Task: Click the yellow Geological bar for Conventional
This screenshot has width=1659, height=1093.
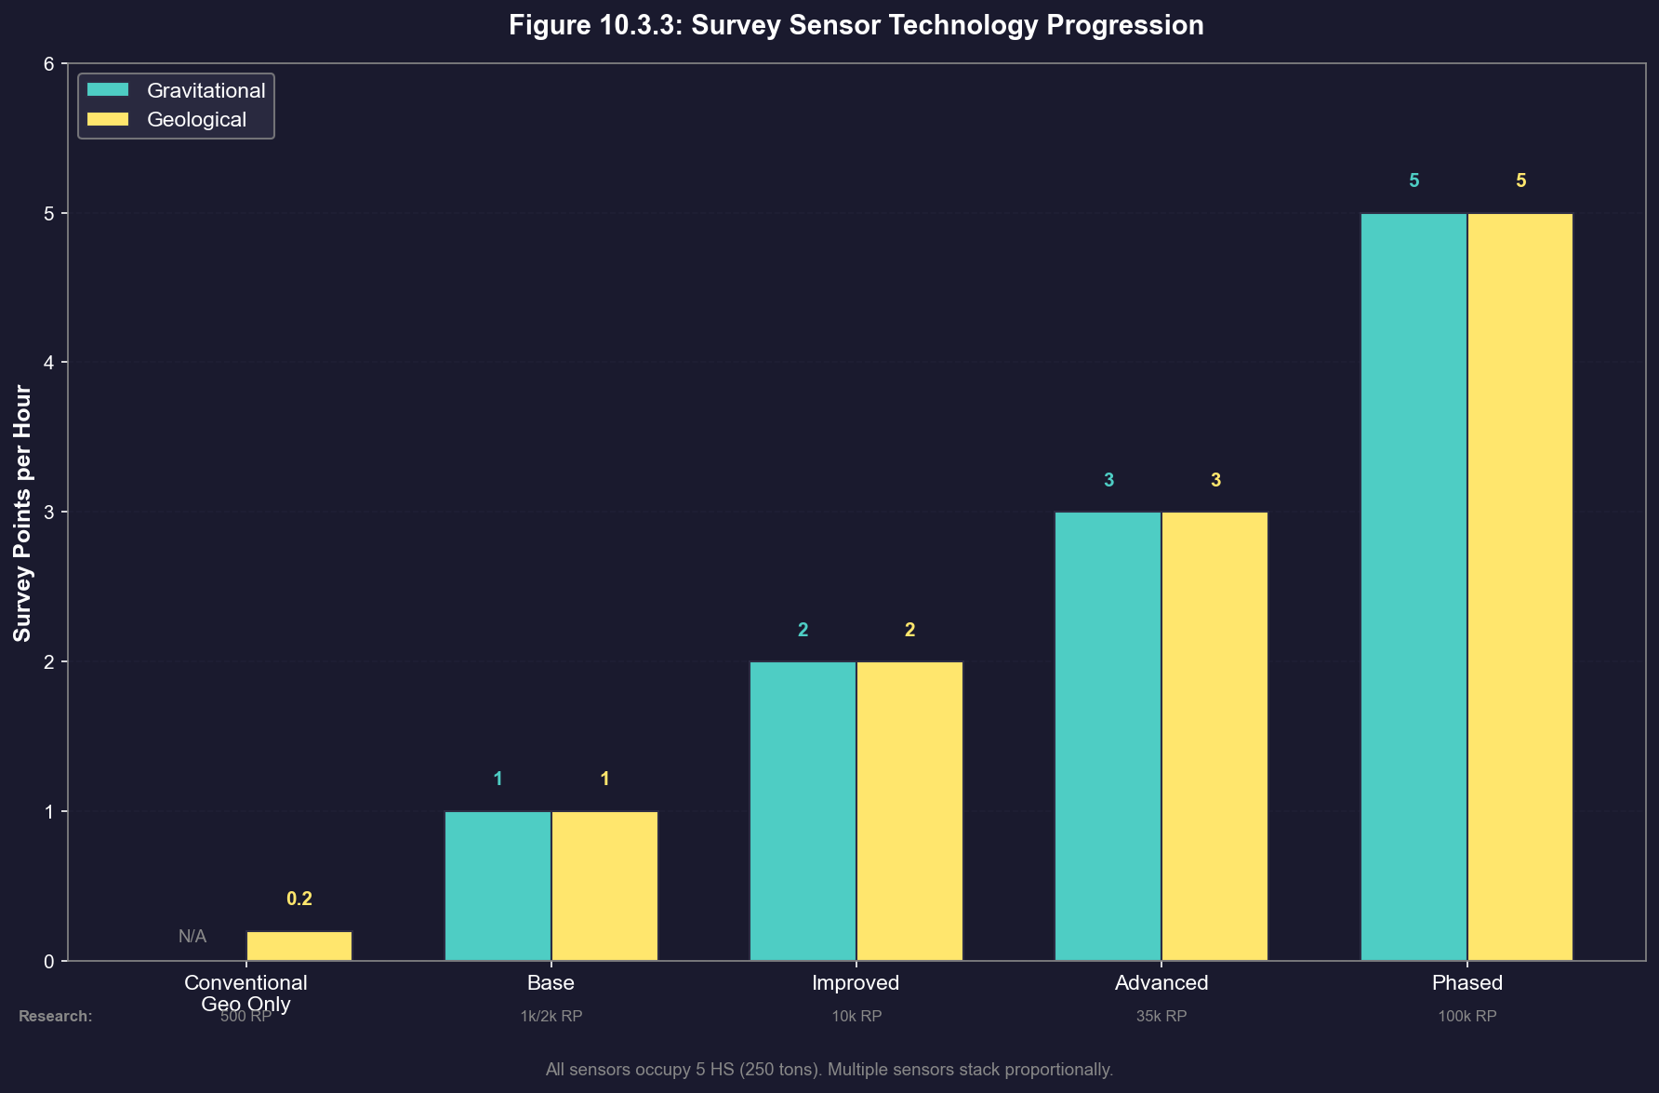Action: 299,946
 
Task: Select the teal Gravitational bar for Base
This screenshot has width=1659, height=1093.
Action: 498,886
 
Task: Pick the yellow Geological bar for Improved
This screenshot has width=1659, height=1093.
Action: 909,811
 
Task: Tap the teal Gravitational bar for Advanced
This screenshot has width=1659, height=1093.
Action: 1108,736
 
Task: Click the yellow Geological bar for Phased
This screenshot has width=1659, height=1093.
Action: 1520,587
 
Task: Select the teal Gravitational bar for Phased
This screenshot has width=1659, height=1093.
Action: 1413,587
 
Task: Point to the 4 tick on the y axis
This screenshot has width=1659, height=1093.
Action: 49,363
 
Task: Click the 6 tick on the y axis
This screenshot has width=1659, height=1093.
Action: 49,63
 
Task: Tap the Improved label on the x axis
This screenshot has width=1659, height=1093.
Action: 856,982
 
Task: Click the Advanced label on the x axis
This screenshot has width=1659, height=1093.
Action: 1161,982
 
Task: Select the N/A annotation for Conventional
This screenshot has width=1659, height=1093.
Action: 192,937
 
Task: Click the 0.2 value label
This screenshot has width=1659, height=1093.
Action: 299,899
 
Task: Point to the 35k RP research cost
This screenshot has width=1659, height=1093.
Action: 1161,1016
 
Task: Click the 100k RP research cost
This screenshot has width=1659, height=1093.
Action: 1467,1016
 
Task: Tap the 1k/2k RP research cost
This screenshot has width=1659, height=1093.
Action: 551,1016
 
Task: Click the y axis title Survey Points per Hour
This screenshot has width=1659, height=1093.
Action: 22,513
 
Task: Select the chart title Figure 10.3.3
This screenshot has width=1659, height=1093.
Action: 856,25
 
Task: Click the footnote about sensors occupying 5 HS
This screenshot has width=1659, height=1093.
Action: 829,1070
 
